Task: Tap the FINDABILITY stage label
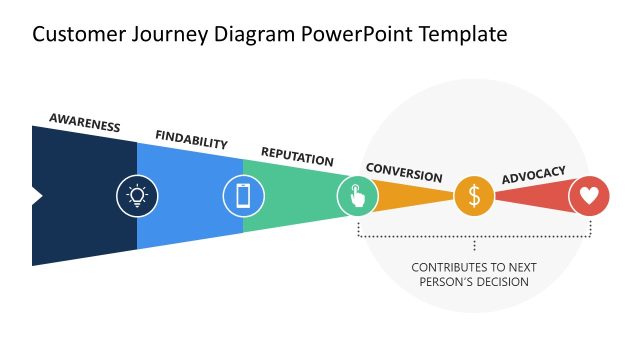[x=192, y=140]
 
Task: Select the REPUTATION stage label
[x=297, y=157]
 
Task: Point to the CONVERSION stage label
[x=404, y=172]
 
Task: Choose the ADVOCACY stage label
[x=533, y=174]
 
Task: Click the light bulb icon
[x=137, y=195]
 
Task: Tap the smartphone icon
[x=243, y=195]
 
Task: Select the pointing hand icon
[x=357, y=195]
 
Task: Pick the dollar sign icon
[x=474, y=196]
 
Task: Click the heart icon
[x=589, y=196]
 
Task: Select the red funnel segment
[x=530, y=196]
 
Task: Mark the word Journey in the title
[x=159, y=35]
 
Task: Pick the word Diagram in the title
[x=248, y=35]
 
